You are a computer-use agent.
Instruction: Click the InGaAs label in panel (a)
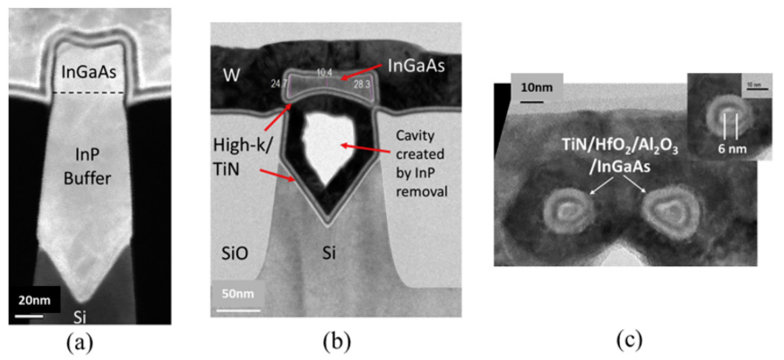click(x=89, y=72)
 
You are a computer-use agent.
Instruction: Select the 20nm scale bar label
click(x=34, y=300)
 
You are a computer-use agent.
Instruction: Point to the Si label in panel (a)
click(x=80, y=317)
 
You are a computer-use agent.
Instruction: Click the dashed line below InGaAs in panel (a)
click(x=88, y=93)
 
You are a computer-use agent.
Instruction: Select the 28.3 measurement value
click(x=361, y=84)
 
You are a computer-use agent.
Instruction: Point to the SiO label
click(x=234, y=253)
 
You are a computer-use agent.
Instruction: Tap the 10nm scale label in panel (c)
click(x=537, y=88)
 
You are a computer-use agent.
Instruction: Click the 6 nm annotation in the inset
click(x=732, y=149)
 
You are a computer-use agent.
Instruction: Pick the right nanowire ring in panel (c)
click(x=670, y=212)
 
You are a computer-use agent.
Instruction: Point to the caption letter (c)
click(x=629, y=340)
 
